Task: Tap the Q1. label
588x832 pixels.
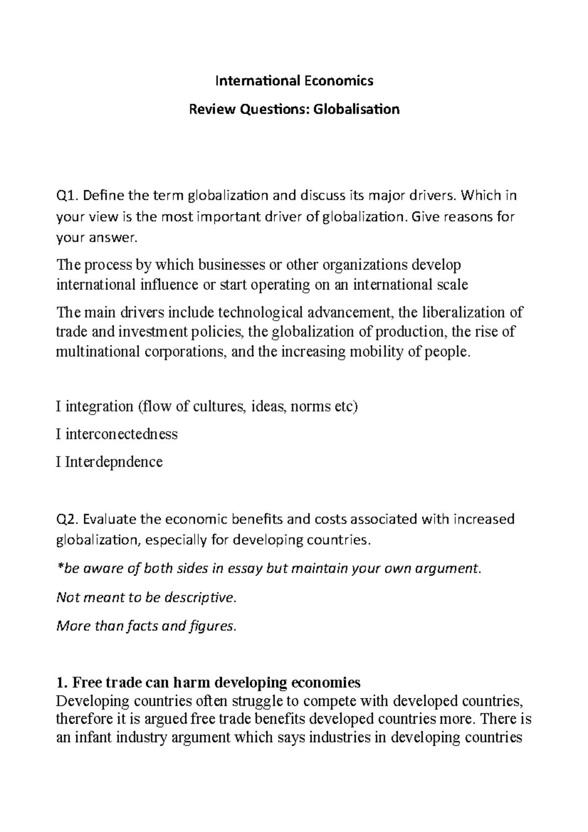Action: tap(67, 196)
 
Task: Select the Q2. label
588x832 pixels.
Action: tap(68, 519)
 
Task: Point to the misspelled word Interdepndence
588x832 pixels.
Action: tap(113, 462)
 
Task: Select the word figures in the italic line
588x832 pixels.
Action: tap(212, 626)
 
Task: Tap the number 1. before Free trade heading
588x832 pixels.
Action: tap(61, 682)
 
